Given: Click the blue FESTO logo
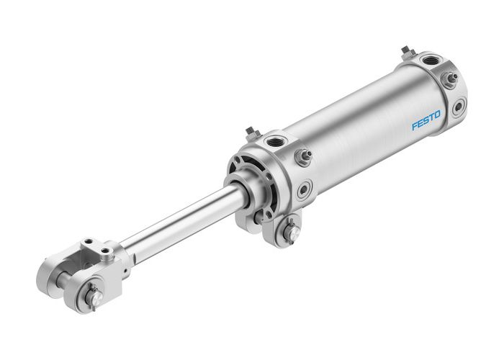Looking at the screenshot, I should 426,120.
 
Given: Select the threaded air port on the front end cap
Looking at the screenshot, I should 275,141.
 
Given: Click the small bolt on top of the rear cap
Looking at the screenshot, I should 408,51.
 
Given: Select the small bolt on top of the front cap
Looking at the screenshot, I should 251,132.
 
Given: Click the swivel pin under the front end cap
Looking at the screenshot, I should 289,232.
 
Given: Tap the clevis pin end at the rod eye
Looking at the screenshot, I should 91,295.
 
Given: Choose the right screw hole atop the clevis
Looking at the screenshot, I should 106,250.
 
